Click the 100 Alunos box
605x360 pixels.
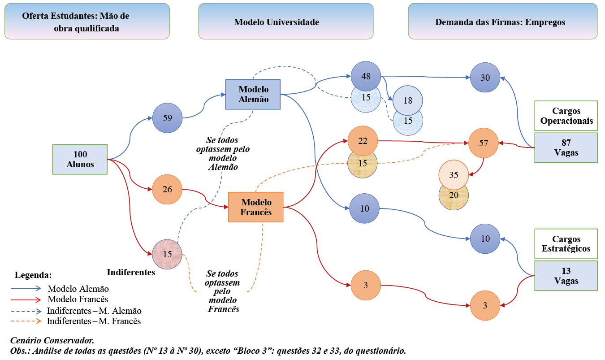tap(80, 159)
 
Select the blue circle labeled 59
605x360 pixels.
tap(167, 118)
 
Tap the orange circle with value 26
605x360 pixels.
tap(167, 189)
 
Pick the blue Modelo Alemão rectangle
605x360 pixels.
tap(253, 94)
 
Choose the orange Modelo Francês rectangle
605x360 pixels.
tap(256, 207)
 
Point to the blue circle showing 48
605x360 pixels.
tap(366, 76)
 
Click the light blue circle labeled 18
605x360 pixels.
tap(408, 100)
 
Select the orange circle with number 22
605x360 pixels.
tap(363, 141)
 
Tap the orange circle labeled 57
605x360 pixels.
tap(484, 143)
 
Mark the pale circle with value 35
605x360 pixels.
tap(454, 174)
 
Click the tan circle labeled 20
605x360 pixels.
tap(454, 196)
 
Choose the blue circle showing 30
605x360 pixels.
tap(485, 77)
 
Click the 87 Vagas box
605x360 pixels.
tap(566, 147)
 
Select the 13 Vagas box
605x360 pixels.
tap(566, 276)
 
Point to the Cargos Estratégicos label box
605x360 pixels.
tap(566, 244)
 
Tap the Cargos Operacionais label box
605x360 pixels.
tap(566, 116)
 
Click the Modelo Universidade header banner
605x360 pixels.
tap(285, 22)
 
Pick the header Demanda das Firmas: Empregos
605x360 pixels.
tap(502, 22)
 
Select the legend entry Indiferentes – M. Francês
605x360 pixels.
tap(94, 321)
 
